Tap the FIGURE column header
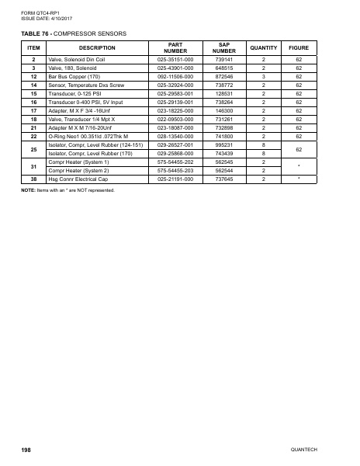pos(299,48)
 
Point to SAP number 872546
pos(223,77)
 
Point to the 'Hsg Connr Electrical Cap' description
pos(79,179)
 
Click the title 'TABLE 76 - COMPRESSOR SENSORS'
pos(73,33)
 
